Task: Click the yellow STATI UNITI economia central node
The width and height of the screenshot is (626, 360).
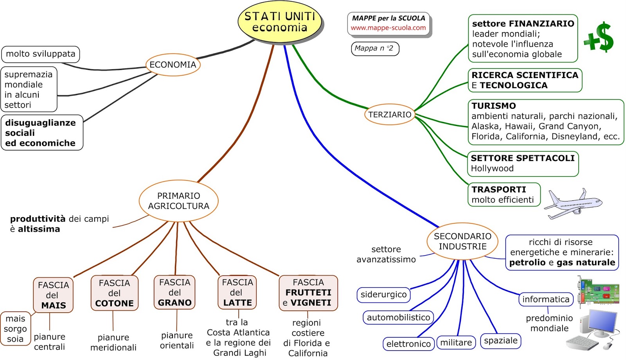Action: click(279, 22)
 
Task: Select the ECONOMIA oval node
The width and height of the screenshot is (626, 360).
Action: click(173, 65)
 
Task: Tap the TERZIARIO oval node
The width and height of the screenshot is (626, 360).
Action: click(390, 114)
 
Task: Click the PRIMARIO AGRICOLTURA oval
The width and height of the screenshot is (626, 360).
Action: click(178, 201)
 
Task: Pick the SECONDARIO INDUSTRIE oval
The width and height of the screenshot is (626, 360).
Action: click(462, 241)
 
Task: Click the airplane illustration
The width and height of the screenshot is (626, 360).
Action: click(573, 203)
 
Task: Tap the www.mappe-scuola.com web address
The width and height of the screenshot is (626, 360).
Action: click(388, 28)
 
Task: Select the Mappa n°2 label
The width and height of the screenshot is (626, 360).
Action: click(374, 49)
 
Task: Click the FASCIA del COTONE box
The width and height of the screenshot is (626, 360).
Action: click(114, 293)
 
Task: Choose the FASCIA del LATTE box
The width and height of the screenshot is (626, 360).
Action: click(237, 292)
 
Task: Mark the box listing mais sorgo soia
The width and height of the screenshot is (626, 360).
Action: click(15, 329)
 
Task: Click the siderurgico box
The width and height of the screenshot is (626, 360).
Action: click(383, 295)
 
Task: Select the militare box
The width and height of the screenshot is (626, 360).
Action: click(456, 343)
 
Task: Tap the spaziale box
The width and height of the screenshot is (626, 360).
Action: click(500, 340)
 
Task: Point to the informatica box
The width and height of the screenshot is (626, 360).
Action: click(546, 299)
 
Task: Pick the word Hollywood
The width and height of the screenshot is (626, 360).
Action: click(492, 169)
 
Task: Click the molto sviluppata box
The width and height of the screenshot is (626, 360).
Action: click(41, 54)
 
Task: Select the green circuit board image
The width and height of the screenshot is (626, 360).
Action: click(598, 290)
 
